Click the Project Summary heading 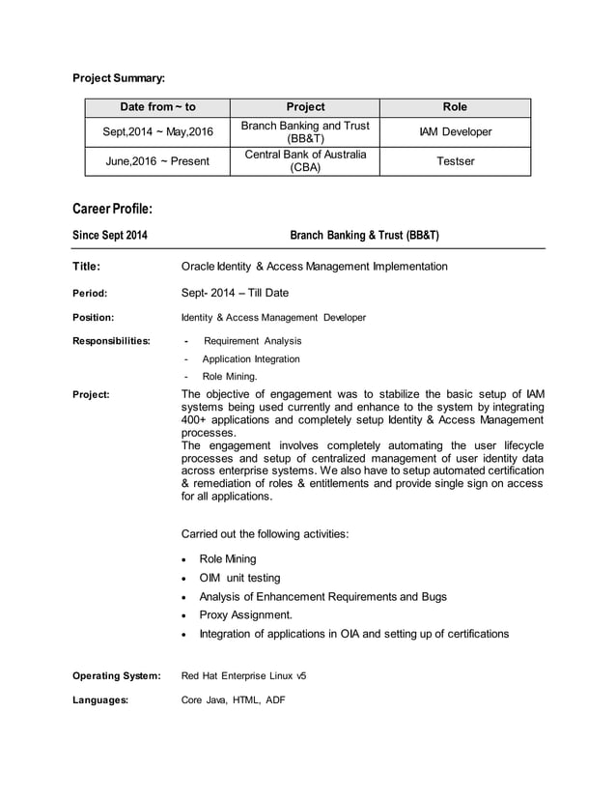[x=120, y=76]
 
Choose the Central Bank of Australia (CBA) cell [x=305, y=160]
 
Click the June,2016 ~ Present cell [x=157, y=160]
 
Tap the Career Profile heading [x=113, y=209]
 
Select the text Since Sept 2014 [x=111, y=235]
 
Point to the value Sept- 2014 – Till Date [x=235, y=293]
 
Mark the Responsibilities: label [x=111, y=340]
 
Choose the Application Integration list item [x=251, y=358]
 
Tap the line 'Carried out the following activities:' [x=265, y=533]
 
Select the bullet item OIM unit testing [x=239, y=578]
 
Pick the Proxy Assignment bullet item [x=245, y=614]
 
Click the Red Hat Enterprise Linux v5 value [x=244, y=675]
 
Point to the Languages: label [x=100, y=700]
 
